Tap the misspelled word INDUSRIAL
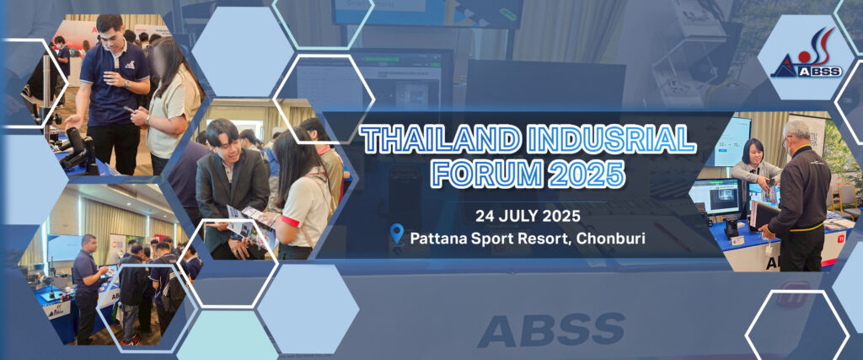click(x=612, y=140)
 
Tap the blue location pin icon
click(x=397, y=234)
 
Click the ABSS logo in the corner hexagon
click(x=806, y=55)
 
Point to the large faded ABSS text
click(x=551, y=330)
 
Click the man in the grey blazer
click(x=231, y=187)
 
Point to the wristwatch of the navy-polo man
click(x=126, y=83)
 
